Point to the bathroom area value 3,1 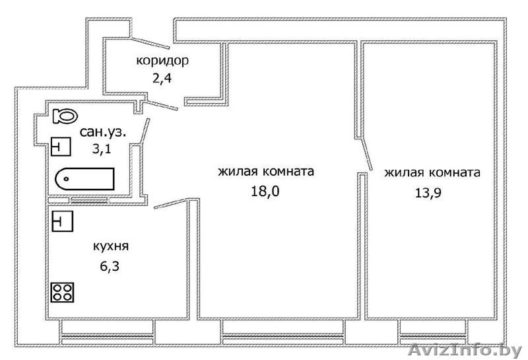[102, 149]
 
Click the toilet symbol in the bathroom [64, 116]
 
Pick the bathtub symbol [84, 179]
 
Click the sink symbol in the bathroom [61, 146]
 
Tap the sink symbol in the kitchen [61, 221]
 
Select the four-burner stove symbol [63, 292]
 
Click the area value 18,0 [265, 192]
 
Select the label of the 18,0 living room [265, 172]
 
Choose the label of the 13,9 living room [432, 173]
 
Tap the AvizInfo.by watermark [465, 349]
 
